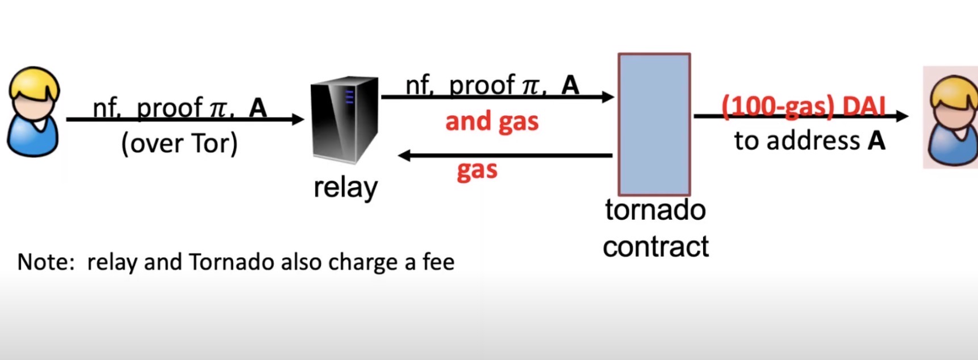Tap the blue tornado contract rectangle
click(x=654, y=124)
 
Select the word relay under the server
click(x=345, y=187)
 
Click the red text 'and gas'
click(x=492, y=122)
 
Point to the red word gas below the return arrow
click(x=477, y=170)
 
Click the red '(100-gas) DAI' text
click(x=803, y=106)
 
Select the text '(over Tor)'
click(x=179, y=144)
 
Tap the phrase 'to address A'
click(x=809, y=141)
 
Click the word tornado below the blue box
click(x=655, y=210)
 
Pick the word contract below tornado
click(x=655, y=246)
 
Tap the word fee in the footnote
click(x=438, y=262)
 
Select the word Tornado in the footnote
click(x=232, y=262)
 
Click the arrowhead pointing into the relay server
click(x=298, y=119)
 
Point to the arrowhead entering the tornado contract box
click(x=608, y=97)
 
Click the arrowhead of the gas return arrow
click(x=404, y=155)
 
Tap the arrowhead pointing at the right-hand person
click(x=902, y=116)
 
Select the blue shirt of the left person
click(x=32, y=139)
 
